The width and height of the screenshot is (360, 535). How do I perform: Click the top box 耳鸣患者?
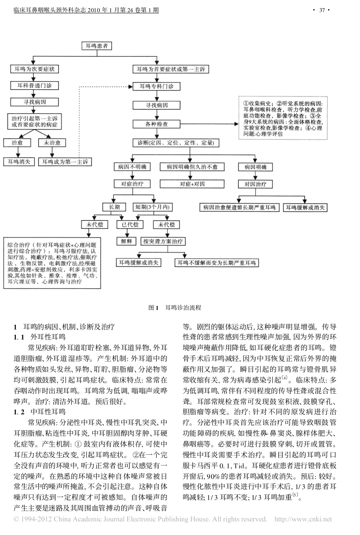coord(97,46)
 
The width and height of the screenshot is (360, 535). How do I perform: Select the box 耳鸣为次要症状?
coord(34,69)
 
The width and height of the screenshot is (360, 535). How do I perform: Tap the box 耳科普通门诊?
coord(34,86)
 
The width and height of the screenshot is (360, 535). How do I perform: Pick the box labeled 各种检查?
coord(156,124)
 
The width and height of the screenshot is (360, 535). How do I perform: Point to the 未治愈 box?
coord(52,143)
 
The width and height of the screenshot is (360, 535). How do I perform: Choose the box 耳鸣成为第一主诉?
coord(65,162)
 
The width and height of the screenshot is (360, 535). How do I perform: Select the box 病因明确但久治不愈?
coord(192,167)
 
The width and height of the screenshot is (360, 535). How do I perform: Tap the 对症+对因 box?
coord(192,184)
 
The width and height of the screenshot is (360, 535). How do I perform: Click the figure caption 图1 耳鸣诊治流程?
coord(174,308)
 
